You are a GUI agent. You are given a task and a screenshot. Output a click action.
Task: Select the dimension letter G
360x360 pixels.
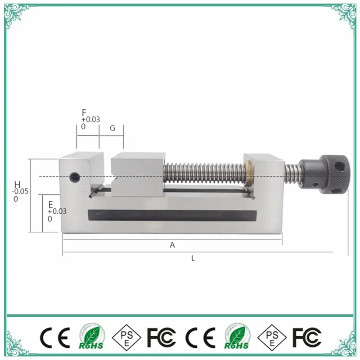tap(112, 128)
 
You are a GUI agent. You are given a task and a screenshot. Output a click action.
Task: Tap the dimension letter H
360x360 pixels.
tap(17, 184)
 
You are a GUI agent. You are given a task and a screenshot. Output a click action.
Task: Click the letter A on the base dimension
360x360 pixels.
tap(172, 245)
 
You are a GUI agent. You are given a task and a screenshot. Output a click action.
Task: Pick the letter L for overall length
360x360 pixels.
tap(193, 259)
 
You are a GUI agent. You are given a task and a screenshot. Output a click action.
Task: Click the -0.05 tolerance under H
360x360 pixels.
tap(21, 192)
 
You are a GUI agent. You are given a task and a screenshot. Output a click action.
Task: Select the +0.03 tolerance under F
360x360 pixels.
tap(90, 119)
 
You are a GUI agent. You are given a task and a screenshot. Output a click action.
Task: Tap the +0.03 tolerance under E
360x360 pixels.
tap(57, 211)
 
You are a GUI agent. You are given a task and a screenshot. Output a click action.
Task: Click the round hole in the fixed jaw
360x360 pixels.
tap(75, 176)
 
